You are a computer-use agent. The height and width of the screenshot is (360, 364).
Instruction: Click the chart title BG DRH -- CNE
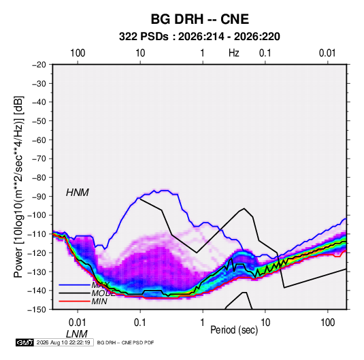click(200, 19)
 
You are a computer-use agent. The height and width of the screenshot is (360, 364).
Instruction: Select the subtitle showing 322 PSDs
click(199, 37)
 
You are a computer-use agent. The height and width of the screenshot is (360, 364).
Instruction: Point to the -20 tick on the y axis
click(39, 65)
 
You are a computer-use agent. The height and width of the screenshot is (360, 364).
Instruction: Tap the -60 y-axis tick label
click(39, 140)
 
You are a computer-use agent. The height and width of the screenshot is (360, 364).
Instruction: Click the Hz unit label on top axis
click(234, 53)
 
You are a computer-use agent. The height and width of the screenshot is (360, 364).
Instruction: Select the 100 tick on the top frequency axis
click(78, 53)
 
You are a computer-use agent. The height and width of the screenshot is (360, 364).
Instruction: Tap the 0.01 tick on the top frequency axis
click(327, 53)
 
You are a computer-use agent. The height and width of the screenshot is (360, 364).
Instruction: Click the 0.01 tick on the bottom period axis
click(78, 323)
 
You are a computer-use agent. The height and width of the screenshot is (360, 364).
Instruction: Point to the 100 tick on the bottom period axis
click(327, 323)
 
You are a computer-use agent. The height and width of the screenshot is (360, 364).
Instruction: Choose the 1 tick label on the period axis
click(203, 323)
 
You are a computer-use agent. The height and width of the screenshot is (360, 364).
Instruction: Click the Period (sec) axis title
click(234, 330)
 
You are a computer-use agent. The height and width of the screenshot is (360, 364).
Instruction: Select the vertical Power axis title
click(19, 186)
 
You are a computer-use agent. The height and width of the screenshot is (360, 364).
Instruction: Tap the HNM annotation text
click(78, 193)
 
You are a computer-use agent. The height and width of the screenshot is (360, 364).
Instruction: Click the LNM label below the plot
click(77, 334)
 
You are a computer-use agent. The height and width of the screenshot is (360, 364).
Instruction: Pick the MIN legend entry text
click(99, 301)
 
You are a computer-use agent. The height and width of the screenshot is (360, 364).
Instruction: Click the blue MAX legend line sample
click(74, 284)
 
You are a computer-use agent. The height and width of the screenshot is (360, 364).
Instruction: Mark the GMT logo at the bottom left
click(24, 342)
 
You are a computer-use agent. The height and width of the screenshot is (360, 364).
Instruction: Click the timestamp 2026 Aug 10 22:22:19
click(63, 342)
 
